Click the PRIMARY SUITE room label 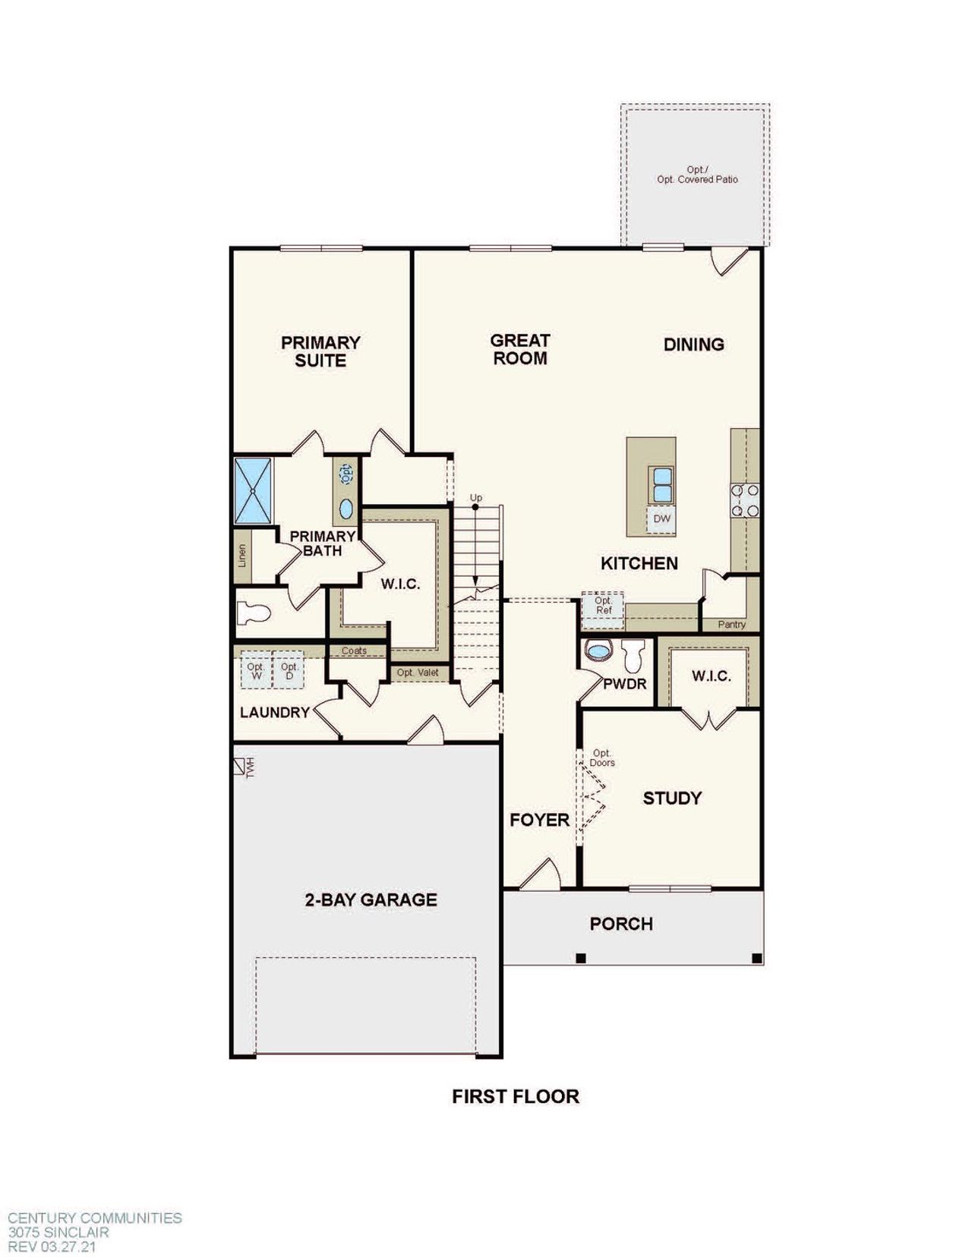[x=320, y=351]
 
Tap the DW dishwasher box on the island [x=662, y=519]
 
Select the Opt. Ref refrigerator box [x=603, y=606]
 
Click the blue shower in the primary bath [x=253, y=490]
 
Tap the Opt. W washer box [x=255, y=671]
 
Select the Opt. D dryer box [x=289, y=671]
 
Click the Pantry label [x=731, y=625]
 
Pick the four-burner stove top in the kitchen [x=745, y=500]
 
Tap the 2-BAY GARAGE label [x=371, y=900]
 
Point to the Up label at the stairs [x=476, y=498]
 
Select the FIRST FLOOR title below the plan [x=516, y=1096]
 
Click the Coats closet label [x=354, y=651]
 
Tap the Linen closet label [x=242, y=556]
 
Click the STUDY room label [x=672, y=798]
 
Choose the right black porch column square [x=756, y=959]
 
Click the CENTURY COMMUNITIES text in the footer [x=95, y=1218]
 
